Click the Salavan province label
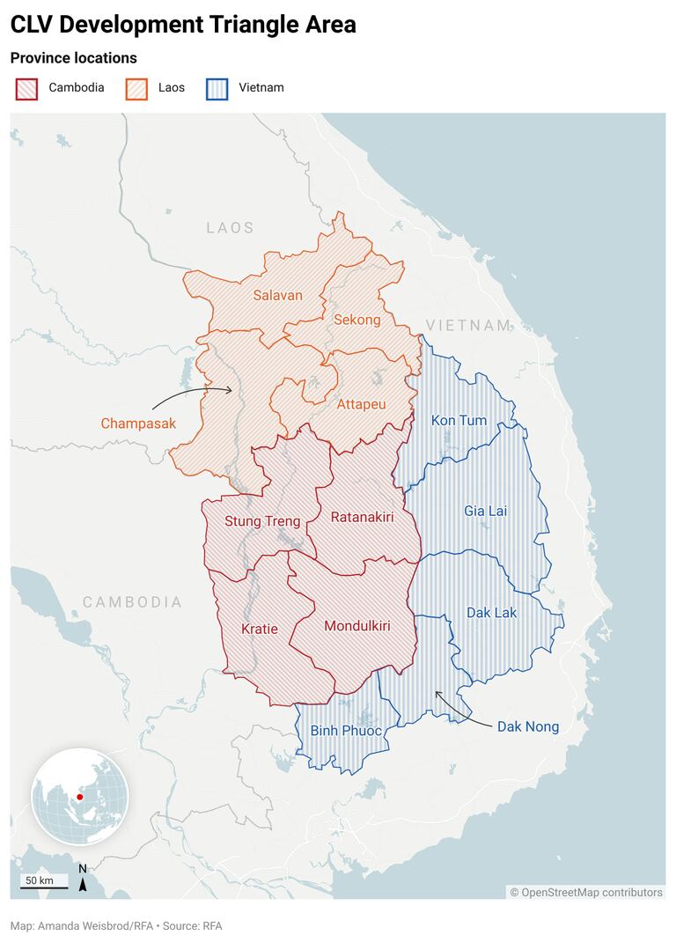tap(277, 295)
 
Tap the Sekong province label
tap(356, 320)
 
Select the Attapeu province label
tap(361, 404)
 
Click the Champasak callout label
tap(138, 424)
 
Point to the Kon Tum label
tap(459, 420)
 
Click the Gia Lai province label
tap(485, 511)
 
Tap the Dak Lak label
tap(491, 612)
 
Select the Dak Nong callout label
tap(528, 726)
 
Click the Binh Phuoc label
tap(346, 731)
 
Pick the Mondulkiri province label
tap(356, 626)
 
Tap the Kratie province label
tap(260, 629)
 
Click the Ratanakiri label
tap(362, 517)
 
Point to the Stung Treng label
tap(262, 521)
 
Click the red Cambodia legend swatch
tap(26, 88)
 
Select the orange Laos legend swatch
tap(137, 88)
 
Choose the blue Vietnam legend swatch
tap(217, 88)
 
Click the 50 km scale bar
tap(39, 883)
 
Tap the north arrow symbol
tap(83, 879)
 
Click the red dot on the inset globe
tap(80, 796)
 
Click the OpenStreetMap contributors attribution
tap(586, 892)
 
